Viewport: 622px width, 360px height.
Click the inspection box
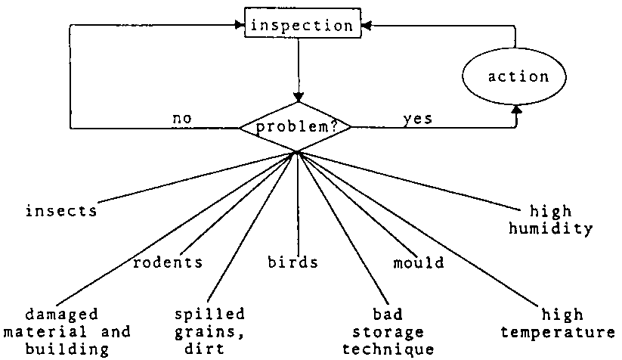click(302, 25)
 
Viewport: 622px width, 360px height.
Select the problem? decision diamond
click(296, 126)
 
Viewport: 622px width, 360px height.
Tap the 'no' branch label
click(182, 119)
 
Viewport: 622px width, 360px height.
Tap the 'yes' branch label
click(418, 119)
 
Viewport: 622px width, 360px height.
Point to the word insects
click(62, 211)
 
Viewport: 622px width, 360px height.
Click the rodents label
click(168, 262)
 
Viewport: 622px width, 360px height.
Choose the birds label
click(293, 262)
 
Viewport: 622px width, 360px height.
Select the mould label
click(419, 262)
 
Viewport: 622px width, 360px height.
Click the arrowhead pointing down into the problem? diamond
click(299, 98)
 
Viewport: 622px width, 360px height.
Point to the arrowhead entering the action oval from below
click(516, 110)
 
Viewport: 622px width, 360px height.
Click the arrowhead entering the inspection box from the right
click(365, 25)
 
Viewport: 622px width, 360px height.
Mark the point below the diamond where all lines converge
click(297, 153)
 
